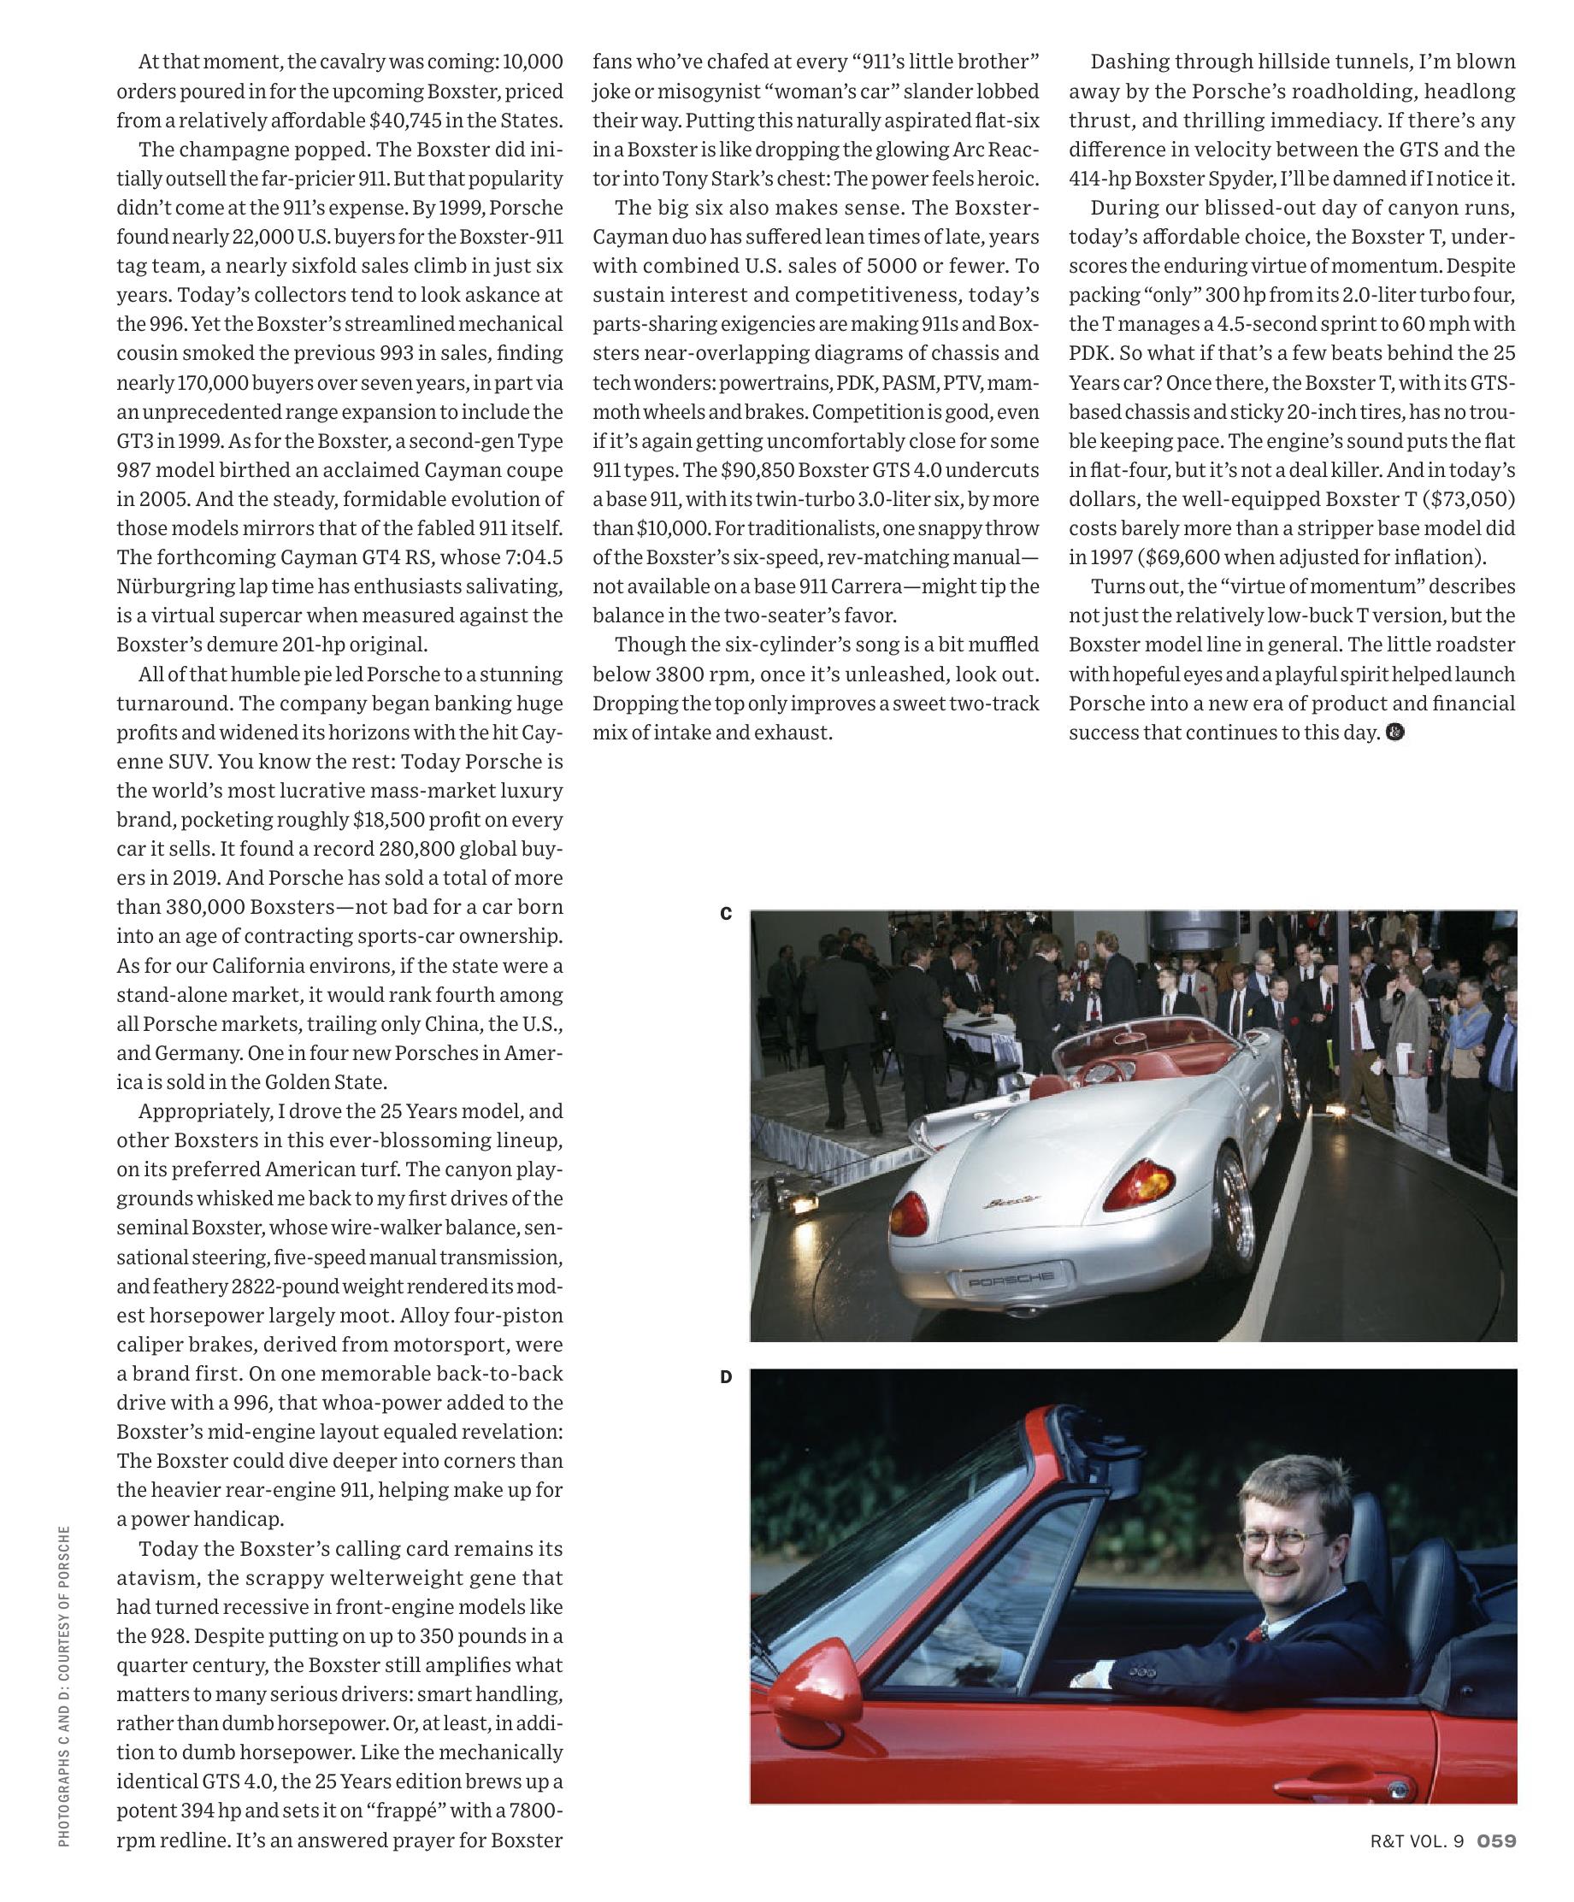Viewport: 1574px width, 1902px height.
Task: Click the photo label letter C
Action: (725, 914)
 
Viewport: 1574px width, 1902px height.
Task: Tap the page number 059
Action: (1496, 1840)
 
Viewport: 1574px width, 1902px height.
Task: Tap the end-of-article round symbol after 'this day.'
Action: (1395, 732)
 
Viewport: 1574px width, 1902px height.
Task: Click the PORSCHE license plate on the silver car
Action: (1011, 1280)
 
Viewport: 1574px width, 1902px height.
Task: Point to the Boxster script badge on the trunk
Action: (1011, 1203)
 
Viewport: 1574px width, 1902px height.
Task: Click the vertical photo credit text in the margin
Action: (63, 1686)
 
